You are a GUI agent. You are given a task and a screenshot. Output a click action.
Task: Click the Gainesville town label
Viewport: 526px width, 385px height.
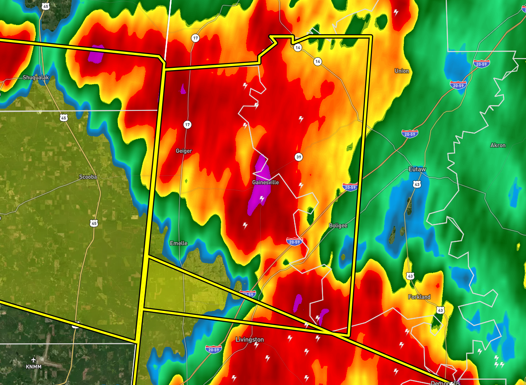[x=265, y=182]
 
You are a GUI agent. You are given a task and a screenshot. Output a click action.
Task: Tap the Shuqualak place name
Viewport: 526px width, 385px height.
[x=35, y=77]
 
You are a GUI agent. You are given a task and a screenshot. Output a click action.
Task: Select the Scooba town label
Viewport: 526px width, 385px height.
[x=88, y=177]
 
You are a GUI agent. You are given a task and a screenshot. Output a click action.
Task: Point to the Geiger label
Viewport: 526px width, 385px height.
[x=184, y=151]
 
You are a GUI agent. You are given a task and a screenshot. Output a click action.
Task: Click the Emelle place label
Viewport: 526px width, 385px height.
[x=179, y=243]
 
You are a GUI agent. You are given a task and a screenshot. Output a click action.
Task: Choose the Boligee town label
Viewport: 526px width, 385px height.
[x=338, y=225]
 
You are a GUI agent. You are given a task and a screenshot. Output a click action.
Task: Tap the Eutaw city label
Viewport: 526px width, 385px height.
[x=417, y=169]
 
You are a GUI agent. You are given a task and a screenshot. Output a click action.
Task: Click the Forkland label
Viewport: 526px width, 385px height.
[x=419, y=297]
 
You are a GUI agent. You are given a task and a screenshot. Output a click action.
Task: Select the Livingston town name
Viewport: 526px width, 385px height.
[x=249, y=340]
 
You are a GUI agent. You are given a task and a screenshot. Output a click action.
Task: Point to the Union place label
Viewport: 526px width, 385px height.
[x=401, y=71]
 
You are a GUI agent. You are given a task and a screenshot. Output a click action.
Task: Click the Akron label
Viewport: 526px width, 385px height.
[x=498, y=145]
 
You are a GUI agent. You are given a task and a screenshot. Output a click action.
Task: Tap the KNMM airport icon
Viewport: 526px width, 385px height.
[x=34, y=359]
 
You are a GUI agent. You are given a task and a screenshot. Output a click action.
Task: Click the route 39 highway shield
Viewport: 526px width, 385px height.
[x=299, y=157]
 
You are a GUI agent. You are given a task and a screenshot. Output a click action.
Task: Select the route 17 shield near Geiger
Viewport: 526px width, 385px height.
[x=187, y=125]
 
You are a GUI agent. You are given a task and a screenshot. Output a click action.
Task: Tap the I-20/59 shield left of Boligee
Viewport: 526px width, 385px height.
[x=295, y=241]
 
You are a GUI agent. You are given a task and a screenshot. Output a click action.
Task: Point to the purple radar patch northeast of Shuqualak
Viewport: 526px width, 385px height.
[x=96, y=55]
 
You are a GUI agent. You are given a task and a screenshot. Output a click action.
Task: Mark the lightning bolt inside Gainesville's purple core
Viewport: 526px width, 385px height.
[x=262, y=199]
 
